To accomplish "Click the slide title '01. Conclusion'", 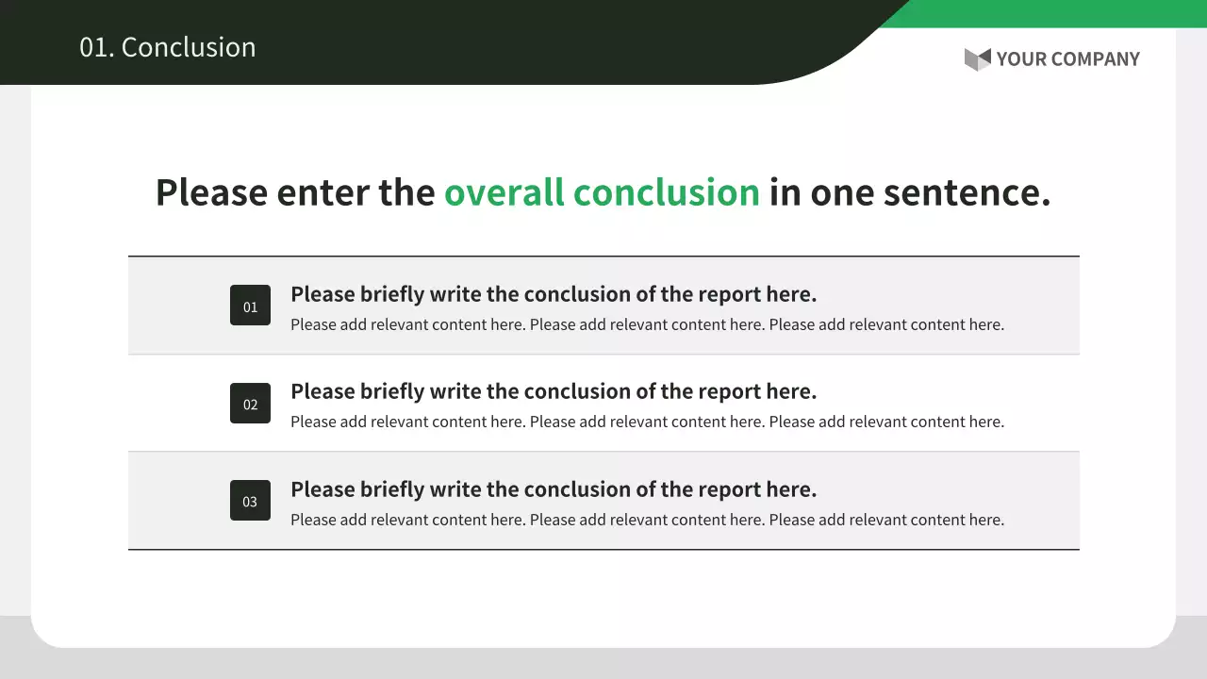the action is click(x=168, y=47).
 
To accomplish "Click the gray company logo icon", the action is click(x=978, y=59).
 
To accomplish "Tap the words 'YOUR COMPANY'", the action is click(x=1068, y=59).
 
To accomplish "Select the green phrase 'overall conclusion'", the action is click(x=602, y=192).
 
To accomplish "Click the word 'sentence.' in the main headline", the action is click(x=967, y=193).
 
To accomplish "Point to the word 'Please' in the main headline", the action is click(x=212, y=192).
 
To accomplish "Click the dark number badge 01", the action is click(x=250, y=305).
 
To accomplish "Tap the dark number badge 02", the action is click(x=250, y=403).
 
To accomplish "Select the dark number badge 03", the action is click(x=250, y=500).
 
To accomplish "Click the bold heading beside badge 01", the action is click(x=554, y=295).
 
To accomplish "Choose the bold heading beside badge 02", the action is click(x=554, y=391).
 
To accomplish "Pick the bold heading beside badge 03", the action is click(x=554, y=489).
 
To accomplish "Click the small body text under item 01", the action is click(x=647, y=325).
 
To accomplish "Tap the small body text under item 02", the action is click(x=647, y=422).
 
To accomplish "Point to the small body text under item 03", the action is click(x=647, y=520).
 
